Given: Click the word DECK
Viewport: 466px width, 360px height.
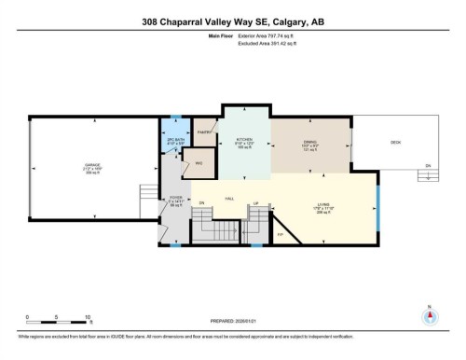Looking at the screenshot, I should tap(395, 142).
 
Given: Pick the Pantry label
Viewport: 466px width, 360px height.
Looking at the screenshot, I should tap(208, 132).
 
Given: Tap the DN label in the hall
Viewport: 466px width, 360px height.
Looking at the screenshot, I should tap(200, 202).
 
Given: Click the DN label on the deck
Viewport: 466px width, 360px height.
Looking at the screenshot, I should tap(427, 166).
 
